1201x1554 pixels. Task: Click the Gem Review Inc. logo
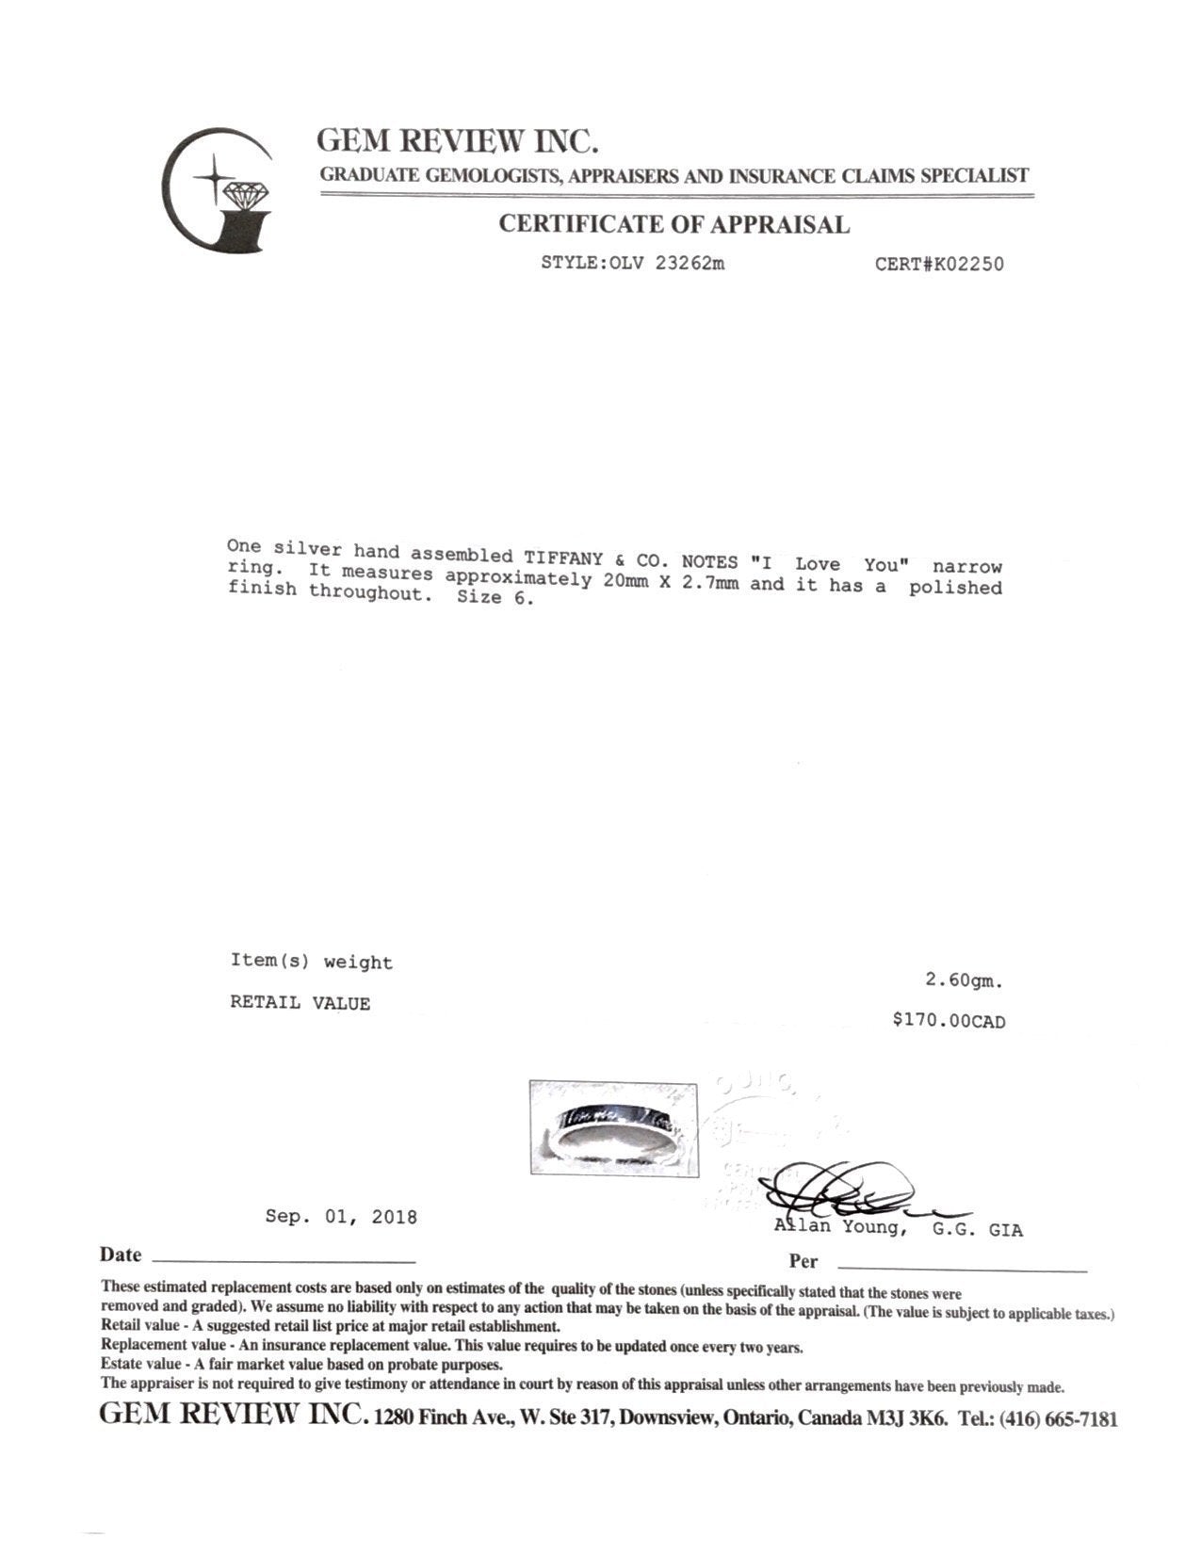click(217, 189)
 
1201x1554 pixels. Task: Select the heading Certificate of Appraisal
click(674, 224)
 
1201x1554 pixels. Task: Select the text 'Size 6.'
click(495, 597)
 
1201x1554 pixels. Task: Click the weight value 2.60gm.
click(964, 981)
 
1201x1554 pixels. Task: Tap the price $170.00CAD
click(949, 1021)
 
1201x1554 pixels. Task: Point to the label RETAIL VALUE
click(300, 1003)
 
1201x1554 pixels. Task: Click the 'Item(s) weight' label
click(311, 963)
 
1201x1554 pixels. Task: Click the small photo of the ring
click(613, 1128)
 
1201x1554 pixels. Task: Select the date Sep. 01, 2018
click(340, 1217)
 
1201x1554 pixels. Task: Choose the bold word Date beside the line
click(121, 1255)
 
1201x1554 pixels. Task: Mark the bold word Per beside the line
click(803, 1261)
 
